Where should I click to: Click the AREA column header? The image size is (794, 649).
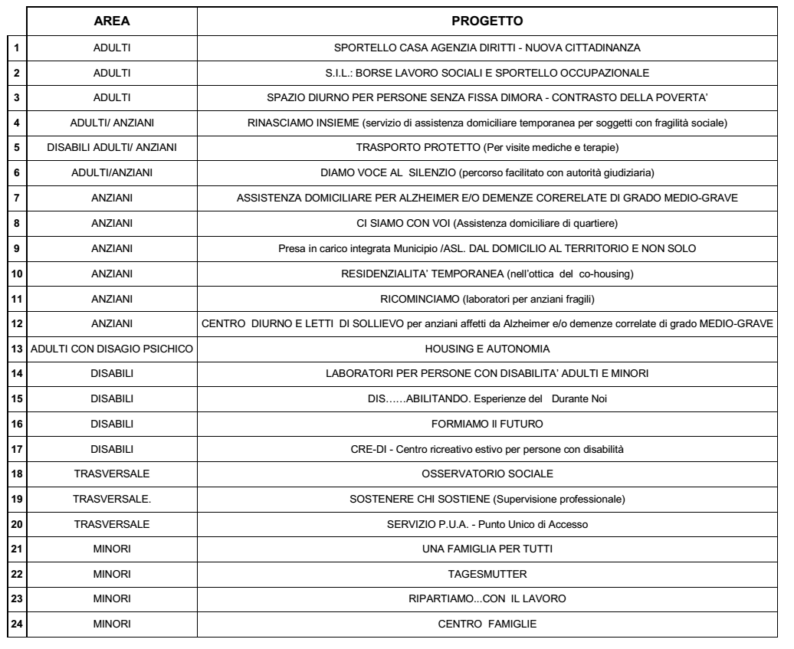pyautogui.click(x=111, y=22)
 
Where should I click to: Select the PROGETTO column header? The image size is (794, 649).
pyautogui.click(x=487, y=22)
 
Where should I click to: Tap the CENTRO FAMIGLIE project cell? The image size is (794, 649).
pyautogui.click(x=487, y=624)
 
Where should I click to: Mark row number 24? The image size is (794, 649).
pyautogui.click(x=16, y=624)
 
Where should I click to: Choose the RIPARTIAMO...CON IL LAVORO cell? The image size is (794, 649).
pyautogui.click(x=487, y=604)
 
